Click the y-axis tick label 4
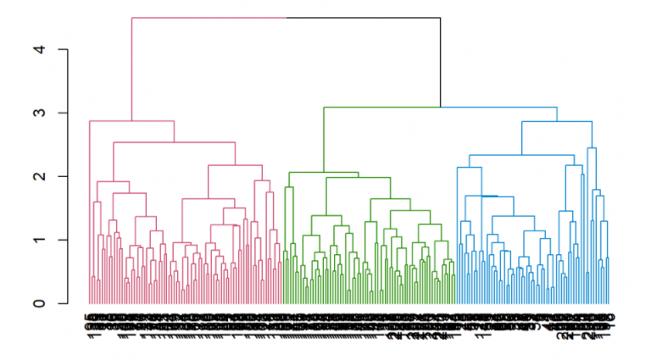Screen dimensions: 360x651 pos(38,50)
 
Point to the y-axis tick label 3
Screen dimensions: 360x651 pos(38,113)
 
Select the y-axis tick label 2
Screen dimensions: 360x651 pos(38,176)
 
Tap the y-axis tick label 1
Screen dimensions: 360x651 pos(38,240)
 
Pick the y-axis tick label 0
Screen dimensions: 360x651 pos(38,303)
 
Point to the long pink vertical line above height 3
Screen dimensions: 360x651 pos(132,68)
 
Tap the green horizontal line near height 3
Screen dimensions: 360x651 pos(381,107)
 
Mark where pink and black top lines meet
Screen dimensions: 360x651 pos(287,18)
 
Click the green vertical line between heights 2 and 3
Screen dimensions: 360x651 pos(323,140)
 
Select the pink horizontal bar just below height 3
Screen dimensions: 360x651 pos(132,121)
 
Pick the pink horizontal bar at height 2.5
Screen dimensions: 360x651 pos(174,142)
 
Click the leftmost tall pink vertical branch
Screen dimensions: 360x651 pos(91,212)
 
